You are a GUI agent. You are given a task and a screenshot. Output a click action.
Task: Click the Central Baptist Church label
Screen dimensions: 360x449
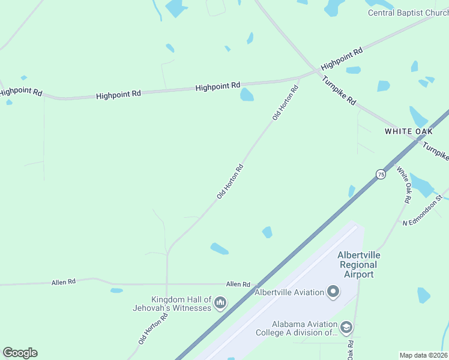pyautogui.click(x=408, y=13)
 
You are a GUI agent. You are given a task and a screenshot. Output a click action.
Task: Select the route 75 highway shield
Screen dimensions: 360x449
pyautogui.click(x=381, y=174)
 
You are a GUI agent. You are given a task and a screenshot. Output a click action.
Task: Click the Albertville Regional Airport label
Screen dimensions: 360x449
pyautogui.click(x=359, y=265)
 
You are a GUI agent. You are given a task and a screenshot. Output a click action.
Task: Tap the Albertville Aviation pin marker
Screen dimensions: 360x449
pyautogui.click(x=333, y=293)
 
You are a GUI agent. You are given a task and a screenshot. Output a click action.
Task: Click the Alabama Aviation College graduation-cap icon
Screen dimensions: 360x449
pyautogui.click(x=346, y=328)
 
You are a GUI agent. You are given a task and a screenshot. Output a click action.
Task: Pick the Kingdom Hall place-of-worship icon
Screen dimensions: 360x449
pyautogui.click(x=220, y=304)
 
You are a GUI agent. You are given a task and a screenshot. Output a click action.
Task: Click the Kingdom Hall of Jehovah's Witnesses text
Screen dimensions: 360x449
pyautogui.click(x=172, y=304)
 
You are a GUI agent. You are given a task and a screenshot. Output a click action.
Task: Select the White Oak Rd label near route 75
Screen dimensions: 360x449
pyautogui.click(x=403, y=184)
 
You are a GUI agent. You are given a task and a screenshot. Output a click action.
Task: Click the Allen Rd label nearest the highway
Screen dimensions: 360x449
pyautogui.click(x=238, y=284)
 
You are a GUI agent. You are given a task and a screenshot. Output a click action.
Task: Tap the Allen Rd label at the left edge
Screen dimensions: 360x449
pyautogui.click(x=64, y=281)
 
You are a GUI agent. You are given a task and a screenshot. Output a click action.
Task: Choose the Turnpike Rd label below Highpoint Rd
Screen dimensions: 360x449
pyautogui.click(x=339, y=90)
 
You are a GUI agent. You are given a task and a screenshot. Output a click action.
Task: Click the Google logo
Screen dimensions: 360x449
pyautogui.click(x=20, y=353)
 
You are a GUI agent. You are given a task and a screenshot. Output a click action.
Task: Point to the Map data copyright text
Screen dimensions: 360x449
pyautogui.click(x=424, y=355)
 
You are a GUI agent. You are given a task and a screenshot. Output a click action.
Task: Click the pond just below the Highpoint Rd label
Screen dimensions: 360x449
pyautogui.click(x=247, y=95)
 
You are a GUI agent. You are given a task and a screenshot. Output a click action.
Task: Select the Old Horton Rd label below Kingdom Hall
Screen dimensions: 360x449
pyautogui.click(x=152, y=328)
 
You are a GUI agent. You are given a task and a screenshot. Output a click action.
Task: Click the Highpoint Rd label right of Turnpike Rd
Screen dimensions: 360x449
pyautogui.click(x=342, y=59)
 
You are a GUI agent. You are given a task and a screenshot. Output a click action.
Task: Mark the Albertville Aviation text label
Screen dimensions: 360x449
pyautogui.click(x=289, y=292)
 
